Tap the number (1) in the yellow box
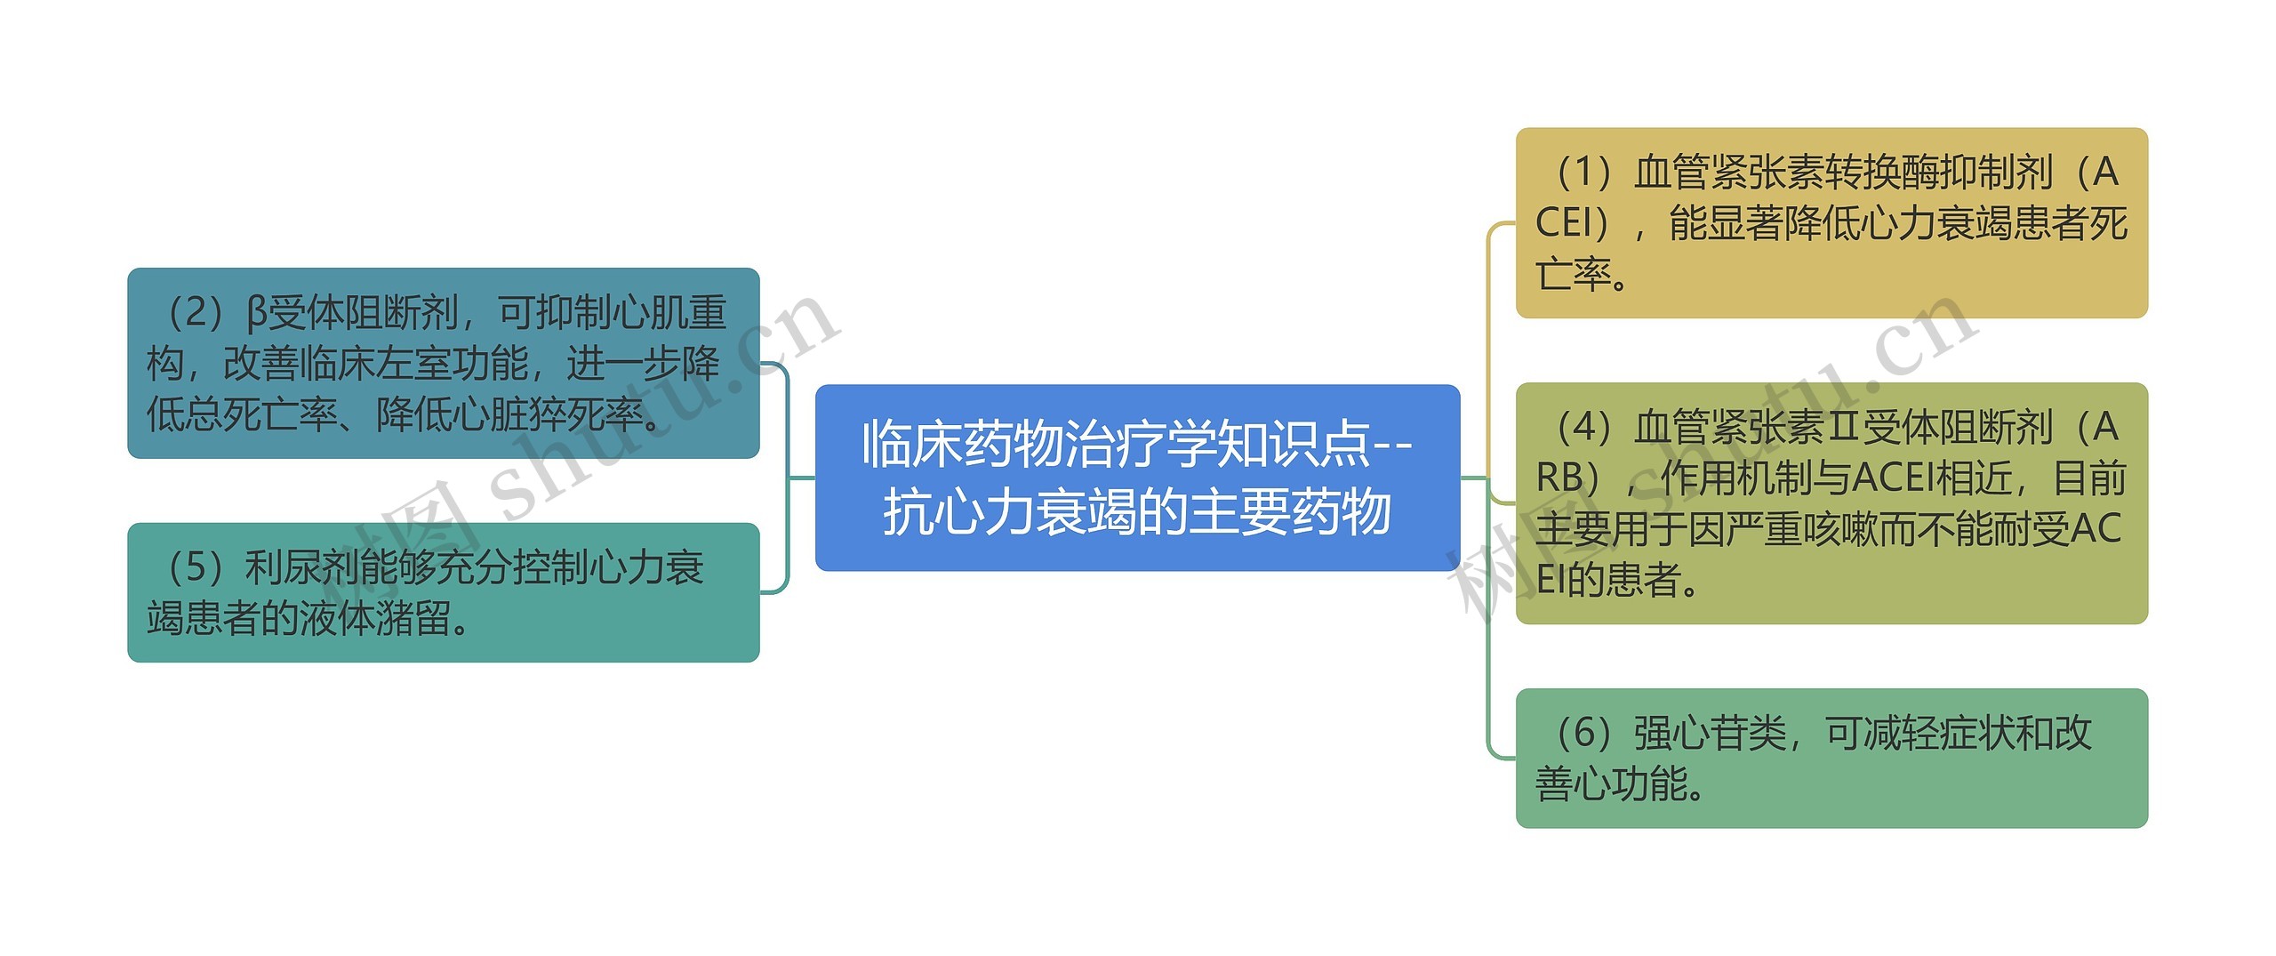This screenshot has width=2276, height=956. point(1583,173)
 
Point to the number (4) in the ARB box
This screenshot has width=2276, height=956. point(1583,428)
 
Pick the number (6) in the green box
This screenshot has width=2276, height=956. point(1583,734)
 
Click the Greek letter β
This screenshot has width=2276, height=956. point(256,313)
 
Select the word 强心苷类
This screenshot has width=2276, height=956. point(1710,734)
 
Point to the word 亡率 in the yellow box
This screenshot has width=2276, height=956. point(1574,275)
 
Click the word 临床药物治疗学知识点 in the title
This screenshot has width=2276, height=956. point(1117,445)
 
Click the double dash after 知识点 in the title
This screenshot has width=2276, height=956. point(1392,445)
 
